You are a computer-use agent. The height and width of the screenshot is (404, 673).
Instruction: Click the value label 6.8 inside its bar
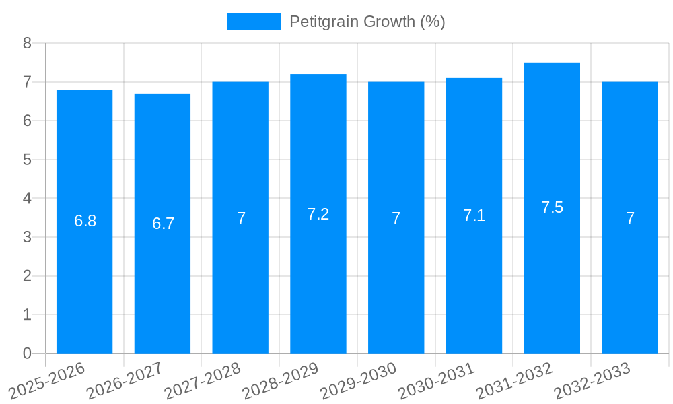coord(85,221)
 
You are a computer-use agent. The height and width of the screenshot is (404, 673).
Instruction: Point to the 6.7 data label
coord(163,224)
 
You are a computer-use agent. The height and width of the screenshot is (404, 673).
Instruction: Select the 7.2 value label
coord(318,214)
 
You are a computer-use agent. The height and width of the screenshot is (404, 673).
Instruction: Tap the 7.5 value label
coord(552,207)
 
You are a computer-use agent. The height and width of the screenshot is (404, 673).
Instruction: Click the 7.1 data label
coord(474,215)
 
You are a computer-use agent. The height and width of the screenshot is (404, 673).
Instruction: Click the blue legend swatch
coord(254,22)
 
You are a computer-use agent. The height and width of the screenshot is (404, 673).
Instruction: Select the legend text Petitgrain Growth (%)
coord(367,22)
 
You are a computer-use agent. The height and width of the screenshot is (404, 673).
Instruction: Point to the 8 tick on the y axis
coord(27,43)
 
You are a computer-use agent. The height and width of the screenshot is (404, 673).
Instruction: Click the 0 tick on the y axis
coord(27,353)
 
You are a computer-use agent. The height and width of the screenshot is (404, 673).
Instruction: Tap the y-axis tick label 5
coord(27,160)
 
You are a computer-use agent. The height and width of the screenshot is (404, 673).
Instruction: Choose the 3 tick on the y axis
coord(27,237)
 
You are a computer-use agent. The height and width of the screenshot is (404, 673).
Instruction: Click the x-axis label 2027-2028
coord(203,380)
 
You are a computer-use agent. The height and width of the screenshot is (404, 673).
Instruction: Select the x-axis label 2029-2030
coord(358,380)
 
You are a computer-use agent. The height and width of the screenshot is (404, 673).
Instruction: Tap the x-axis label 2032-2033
coord(592,380)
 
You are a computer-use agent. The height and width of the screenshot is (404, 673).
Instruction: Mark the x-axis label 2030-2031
coord(436,380)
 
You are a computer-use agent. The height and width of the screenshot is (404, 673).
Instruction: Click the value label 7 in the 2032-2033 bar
coord(630,218)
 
